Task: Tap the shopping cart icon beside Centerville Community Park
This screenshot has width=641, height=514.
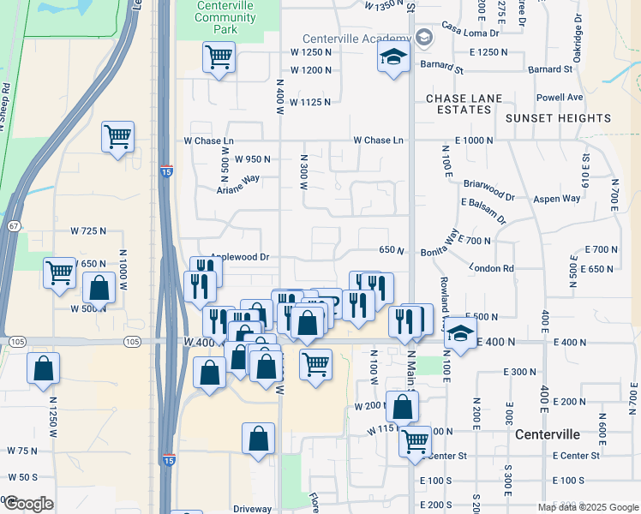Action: (x=219, y=57)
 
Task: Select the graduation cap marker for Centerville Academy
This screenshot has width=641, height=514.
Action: (x=393, y=57)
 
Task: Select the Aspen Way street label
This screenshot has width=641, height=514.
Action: (x=558, y=198)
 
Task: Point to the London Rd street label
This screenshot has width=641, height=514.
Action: (x=491, y=268)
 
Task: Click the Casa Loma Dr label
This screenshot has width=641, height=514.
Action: (x=470, y=33)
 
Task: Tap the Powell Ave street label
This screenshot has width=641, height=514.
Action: (x=560, y=97)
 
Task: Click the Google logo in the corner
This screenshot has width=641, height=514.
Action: (x=28, y=503)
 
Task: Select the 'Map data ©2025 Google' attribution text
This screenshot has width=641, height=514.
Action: (x=587, y=506)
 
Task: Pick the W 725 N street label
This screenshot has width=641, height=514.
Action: (x=88, y=231)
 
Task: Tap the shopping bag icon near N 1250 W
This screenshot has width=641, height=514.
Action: (x=44, y=370)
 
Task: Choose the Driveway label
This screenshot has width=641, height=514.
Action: (x=252, y=509)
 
